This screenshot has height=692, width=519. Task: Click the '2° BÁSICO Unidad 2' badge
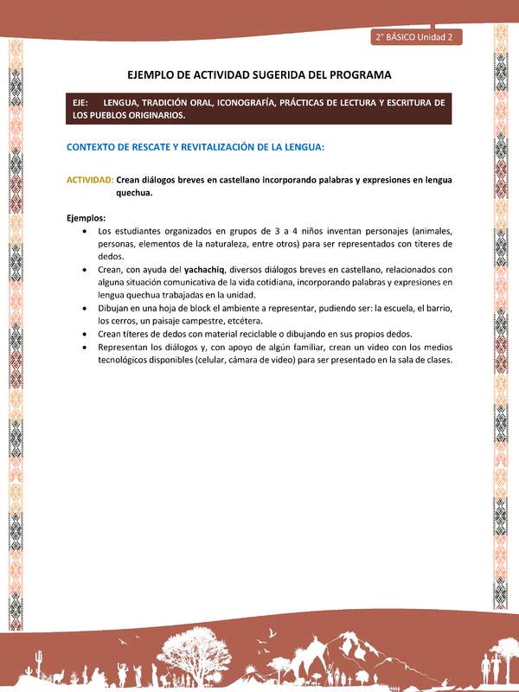click(x=416, y=36)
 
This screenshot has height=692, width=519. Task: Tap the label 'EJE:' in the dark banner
click(x=83, y=103)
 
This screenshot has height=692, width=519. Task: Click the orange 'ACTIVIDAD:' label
click(x=90, y=180)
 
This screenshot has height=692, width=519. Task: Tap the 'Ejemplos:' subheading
click(x=86, y=218)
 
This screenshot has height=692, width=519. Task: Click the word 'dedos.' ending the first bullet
click(x=111, y=257)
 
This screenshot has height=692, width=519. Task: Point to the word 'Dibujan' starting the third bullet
click(x=116, y=308)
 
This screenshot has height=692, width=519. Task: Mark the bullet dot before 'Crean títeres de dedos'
click(x=82, y=334)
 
